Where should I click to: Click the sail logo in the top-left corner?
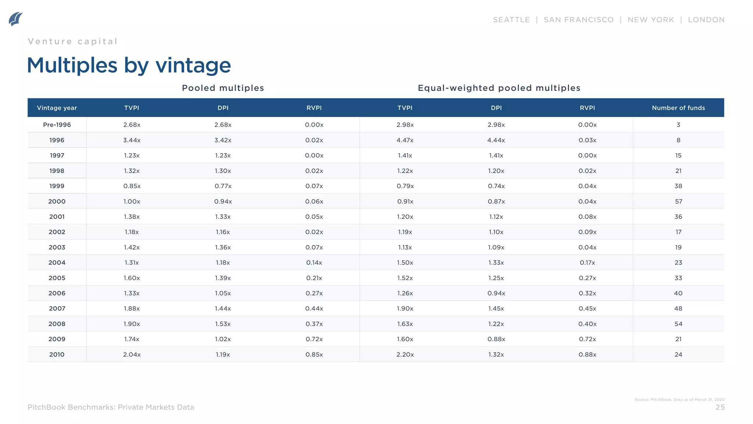click(15, 19)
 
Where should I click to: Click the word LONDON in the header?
click(706, 20)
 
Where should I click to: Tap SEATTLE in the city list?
click(511, 20)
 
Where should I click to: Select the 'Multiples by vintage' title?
click(129, 66)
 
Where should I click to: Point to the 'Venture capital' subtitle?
click(73, 42)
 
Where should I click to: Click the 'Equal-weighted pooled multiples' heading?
click(499, 88)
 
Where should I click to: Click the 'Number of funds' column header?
click(678, 108)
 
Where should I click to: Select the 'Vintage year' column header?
click(57, 108)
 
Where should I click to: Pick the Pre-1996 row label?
click(57, 125)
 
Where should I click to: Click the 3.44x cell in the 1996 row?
click(132, 140)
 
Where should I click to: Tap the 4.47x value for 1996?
click(405, 140)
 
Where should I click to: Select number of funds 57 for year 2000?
click(678, 201)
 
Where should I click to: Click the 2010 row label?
click(57, 354)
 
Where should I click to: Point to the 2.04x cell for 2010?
click(132, 354)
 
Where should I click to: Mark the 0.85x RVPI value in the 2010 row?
click(314, 354)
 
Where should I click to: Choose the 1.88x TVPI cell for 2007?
click(132, 308)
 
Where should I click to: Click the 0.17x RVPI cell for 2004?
click(587, 262)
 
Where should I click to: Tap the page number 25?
click(720, 407)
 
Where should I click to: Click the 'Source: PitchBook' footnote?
click(679, 399)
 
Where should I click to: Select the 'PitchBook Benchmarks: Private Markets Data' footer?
click(111, 407)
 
